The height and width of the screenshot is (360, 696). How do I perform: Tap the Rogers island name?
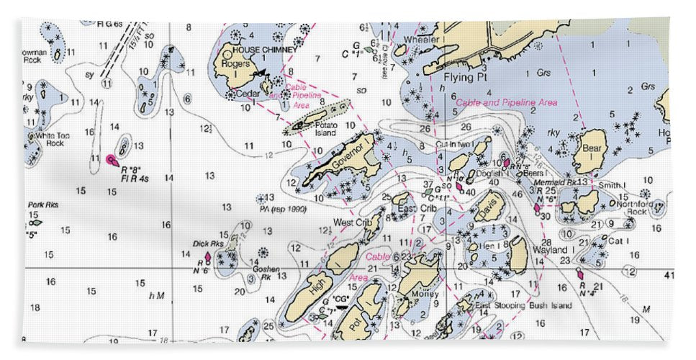235,64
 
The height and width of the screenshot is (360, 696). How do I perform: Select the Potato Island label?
326,129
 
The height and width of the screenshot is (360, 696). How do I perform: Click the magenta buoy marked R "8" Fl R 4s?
110,158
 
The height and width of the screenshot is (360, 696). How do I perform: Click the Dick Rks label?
208,243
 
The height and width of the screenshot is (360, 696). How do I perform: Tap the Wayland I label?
550,250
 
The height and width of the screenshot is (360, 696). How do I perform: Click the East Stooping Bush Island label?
523,305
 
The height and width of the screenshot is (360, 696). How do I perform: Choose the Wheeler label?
421,39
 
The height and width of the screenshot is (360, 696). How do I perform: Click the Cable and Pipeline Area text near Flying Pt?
506,103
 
